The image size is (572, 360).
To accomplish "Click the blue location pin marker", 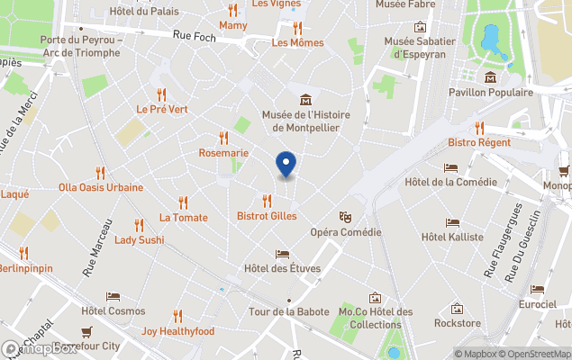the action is click(286, 164).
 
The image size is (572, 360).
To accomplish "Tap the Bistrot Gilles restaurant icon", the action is click(267, 201).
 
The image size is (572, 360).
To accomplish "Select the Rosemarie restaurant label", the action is click(223, 153).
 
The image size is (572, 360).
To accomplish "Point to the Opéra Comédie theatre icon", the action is click(345, 217).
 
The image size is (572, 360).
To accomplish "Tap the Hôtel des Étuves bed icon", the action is click(283, 254).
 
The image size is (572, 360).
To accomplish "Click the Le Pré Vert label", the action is click(161, 109).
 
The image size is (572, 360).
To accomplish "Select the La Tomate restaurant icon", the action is click(184, 202).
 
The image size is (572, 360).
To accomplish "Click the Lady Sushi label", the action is click(139, 240).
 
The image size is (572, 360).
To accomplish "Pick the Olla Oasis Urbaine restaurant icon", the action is click(100, 173).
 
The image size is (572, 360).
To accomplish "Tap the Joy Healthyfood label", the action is click(177, 330).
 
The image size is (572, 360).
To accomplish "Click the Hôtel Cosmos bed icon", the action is click(113, 296).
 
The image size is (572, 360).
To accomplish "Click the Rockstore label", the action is click(457, 323).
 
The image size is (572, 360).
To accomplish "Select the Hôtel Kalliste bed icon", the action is click(452, 222).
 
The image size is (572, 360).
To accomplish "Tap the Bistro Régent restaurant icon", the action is click(479, 128).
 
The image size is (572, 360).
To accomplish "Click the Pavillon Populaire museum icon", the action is click(490, 77).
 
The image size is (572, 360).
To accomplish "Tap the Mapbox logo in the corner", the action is click(40, 348).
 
